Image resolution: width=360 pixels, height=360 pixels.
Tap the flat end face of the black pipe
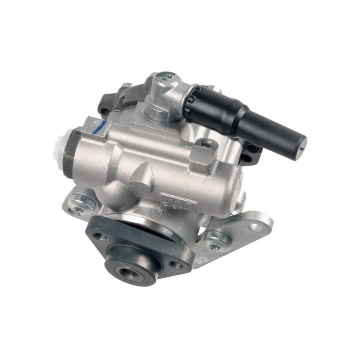pos(301,143)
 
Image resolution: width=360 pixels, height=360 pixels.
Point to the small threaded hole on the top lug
pos(207,144)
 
